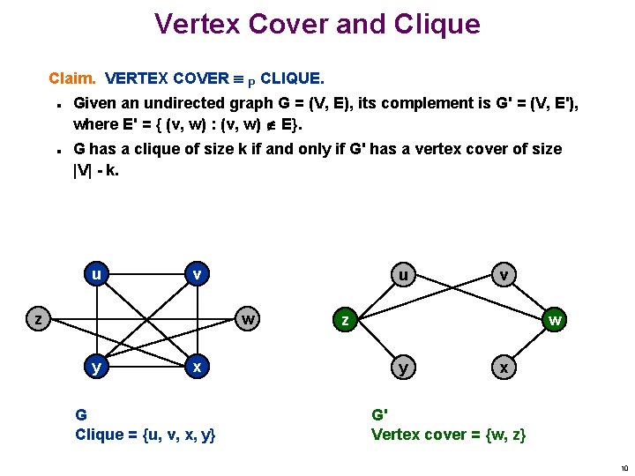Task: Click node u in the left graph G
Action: click(x=94, y=274)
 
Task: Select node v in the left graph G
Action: click(x=198, y=274)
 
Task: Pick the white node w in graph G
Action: click(x=251, y=318)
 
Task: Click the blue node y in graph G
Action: click(x=94, y=366)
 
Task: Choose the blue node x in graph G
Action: click(x=198, y=366)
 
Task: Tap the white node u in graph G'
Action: click(x=403, y=274)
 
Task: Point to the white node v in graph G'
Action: click(x=503, y=274)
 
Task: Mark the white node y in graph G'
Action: click(x=403, y=368)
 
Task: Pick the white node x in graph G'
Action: click(x=503, y=368)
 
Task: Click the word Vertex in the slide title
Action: click(x=196, y=24)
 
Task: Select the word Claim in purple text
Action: click(x=73, y=78)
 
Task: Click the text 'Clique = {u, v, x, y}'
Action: click(x=146, y=434)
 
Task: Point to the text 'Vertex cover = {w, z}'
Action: click(x=449, y=434)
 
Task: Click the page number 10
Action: click(x=623, y=467)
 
